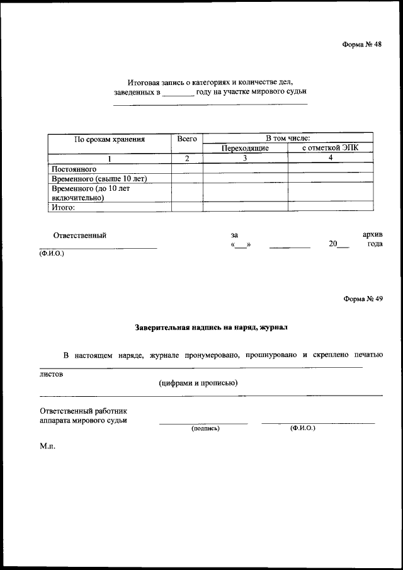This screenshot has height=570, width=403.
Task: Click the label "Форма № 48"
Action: [362, 44]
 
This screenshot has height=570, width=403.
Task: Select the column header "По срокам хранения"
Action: [110, 139]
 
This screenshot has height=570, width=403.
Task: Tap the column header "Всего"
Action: [187, 139]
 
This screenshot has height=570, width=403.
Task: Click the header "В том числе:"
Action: [287, 138]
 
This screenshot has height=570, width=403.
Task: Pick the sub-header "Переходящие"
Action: [246, 148]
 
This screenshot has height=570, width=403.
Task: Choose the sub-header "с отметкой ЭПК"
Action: [330, 148]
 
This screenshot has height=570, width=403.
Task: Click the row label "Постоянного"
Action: [74, 169]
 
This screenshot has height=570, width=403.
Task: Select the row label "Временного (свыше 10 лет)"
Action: [99, 178]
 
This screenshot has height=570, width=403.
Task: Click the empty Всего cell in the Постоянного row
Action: [187, 169]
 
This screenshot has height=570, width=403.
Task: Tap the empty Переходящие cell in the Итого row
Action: [246, 207]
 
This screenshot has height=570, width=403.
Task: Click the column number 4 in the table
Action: [330, 158]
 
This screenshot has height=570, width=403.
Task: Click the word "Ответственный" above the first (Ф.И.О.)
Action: [80, 236]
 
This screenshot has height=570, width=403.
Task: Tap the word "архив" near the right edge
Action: [372, 235]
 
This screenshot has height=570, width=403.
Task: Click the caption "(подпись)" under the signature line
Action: [205, 428]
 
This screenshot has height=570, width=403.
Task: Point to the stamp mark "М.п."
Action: [48, 446]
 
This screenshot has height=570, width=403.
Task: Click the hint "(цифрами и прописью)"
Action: [198, 384]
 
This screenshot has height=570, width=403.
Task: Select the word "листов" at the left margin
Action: [52, 374]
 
